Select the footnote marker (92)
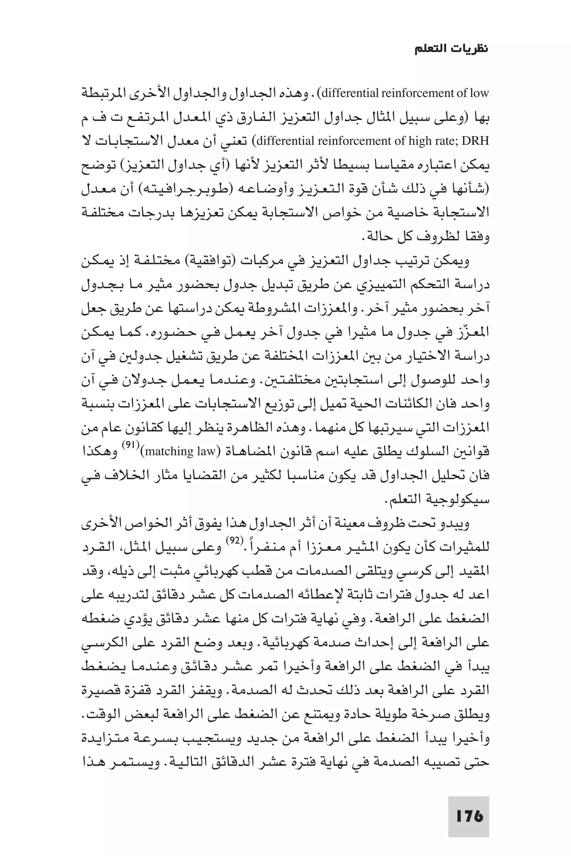(232, 541)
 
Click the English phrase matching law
(181, 452)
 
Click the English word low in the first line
(479, 93)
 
